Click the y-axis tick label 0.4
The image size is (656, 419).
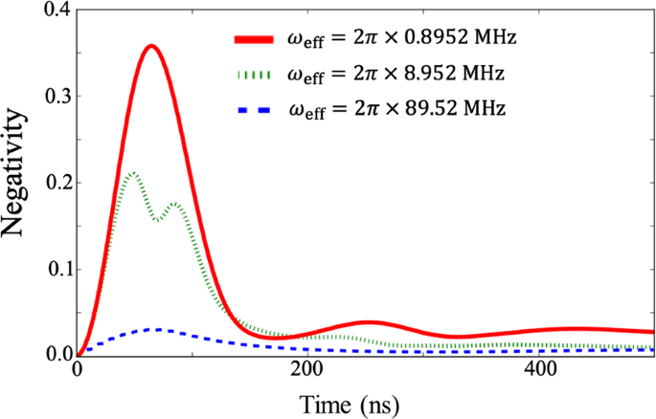coord(55,11)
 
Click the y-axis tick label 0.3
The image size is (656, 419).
coord(55,97)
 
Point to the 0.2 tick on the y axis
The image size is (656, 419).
coord(55,183)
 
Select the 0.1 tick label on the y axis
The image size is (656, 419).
coord(55,269)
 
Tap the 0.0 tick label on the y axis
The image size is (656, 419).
coord(55,354)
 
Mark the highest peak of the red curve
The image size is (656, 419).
coord(149,46)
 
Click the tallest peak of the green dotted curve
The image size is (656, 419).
coord(133,173)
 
